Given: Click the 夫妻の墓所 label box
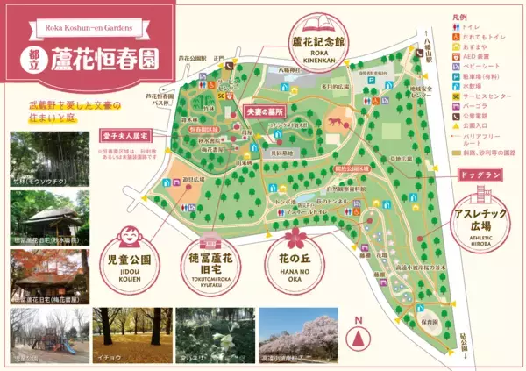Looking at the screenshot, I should [263, 112].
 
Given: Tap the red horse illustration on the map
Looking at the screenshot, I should [334, 122].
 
